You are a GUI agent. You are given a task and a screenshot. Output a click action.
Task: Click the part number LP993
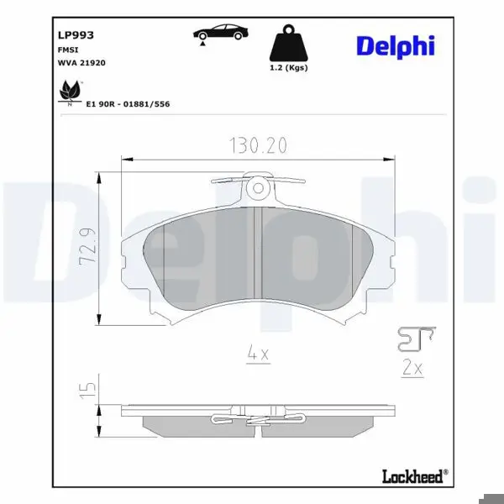click(x=76, y=35)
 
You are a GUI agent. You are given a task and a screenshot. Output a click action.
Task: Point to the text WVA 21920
click(x=81, y=63)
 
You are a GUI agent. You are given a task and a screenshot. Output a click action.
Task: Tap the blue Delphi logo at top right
click(x=396, y=47)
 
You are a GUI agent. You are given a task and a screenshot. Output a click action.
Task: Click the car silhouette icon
click(x=221, y=32)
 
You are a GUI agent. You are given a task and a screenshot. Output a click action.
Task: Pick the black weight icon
click(x=288, y=43)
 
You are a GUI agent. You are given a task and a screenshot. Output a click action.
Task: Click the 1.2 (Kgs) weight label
click(x=289, y=68)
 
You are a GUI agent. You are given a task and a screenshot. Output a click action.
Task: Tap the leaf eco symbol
click(x=70, y=92)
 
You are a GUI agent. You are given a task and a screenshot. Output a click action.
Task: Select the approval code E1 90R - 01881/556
click(x=128, y=104)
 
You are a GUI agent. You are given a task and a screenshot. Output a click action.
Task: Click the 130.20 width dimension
click(x=259, y=145)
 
